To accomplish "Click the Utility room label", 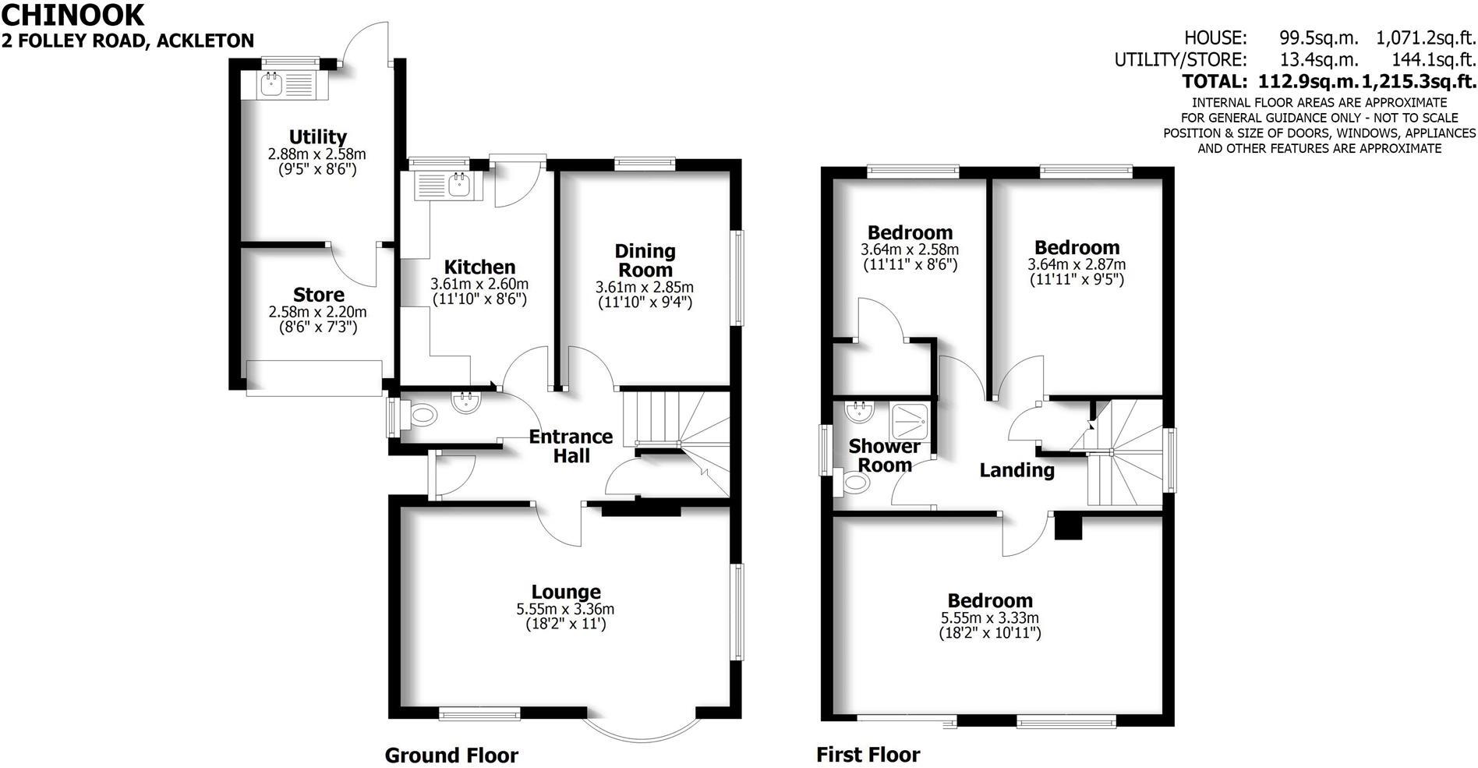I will coord(317,137).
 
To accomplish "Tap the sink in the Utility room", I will coord(272,83).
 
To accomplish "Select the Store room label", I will coord(318,295).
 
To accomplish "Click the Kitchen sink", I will coord(458,185).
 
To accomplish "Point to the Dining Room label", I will coord(645,260).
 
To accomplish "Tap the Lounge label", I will coord(566,593).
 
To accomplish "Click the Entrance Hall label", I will coord(571,446).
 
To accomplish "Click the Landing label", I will coord(1017,470).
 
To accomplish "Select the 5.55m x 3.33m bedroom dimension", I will coord(990,618).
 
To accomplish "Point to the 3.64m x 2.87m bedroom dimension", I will coord(1077,264).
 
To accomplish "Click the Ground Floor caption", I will coord(451,755).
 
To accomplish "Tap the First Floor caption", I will coord(868,755).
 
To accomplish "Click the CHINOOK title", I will coord(73,15).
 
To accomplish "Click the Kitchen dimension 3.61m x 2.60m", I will coord(479,284).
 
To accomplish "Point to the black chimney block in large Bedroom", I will coord(1068,528).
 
